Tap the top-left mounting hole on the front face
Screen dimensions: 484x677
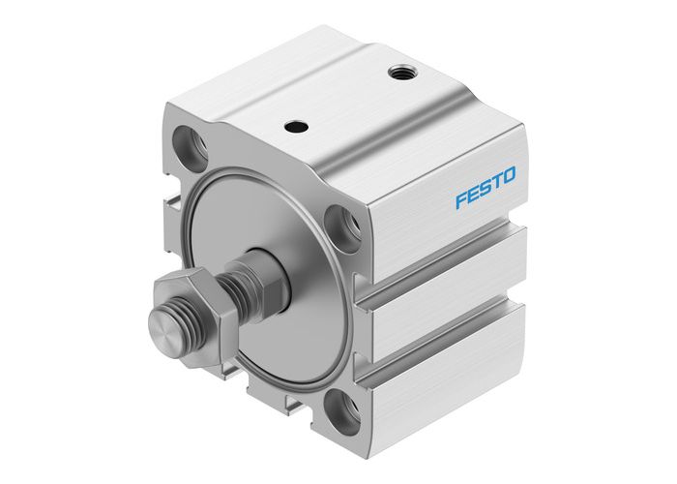coord(190,145)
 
